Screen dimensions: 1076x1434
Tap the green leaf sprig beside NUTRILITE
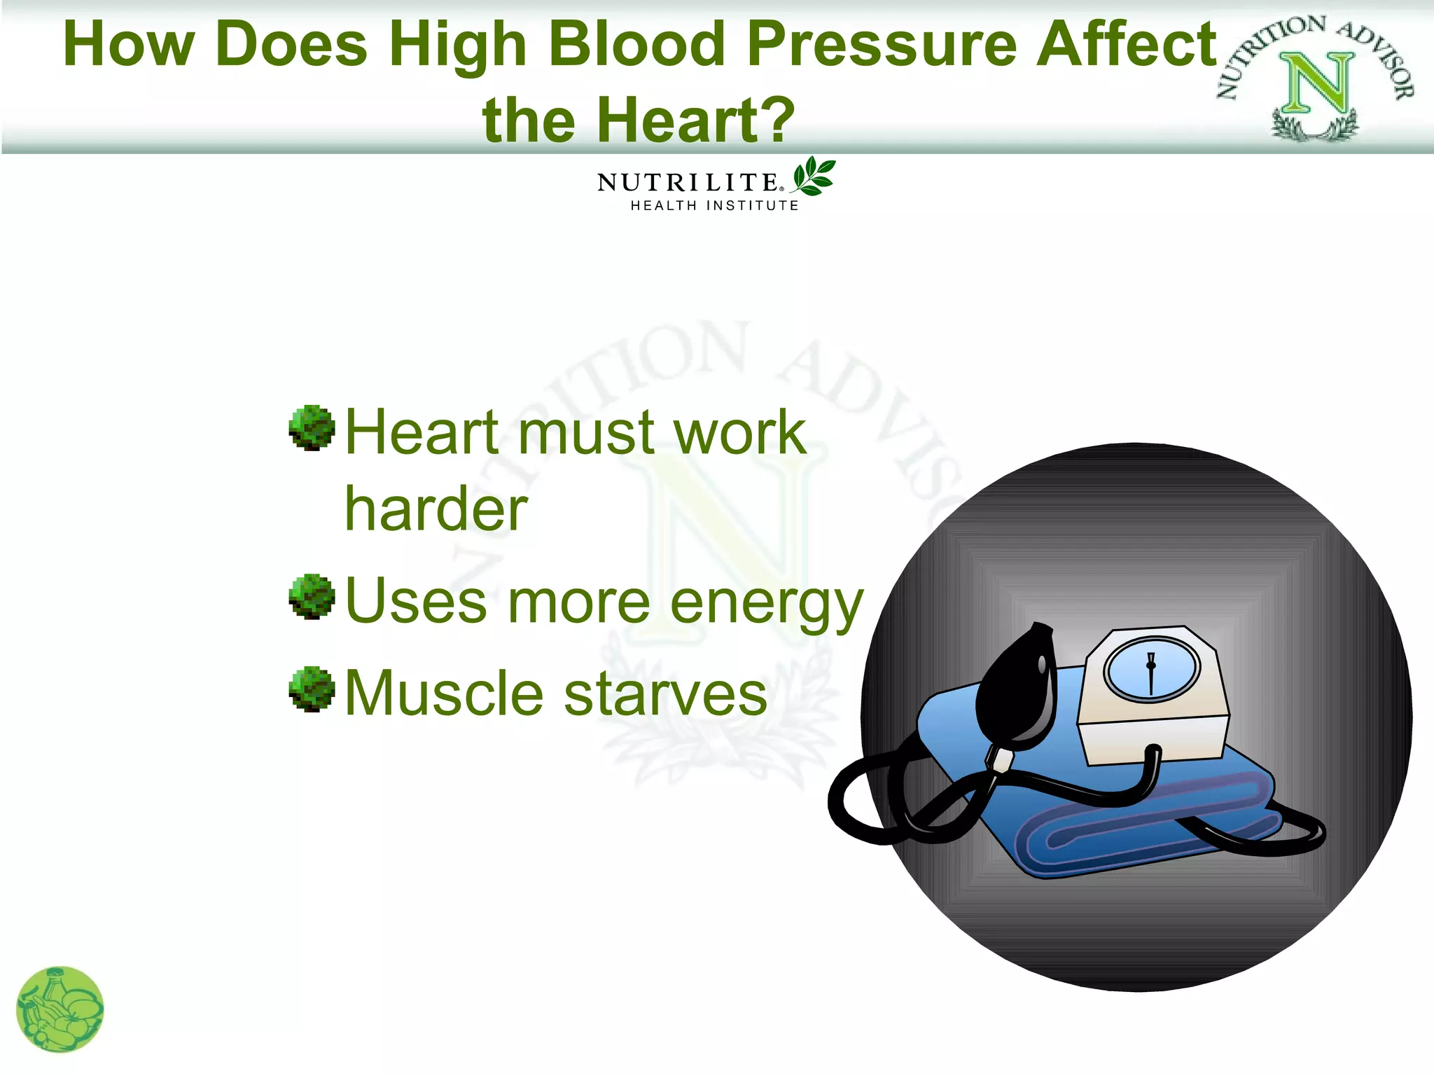point(814,176)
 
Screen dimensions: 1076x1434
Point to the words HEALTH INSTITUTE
point(714,206)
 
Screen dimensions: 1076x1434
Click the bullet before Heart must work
point(312,427)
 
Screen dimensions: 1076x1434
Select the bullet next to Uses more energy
point(312,597)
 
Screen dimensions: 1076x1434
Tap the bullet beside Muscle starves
point(312,689)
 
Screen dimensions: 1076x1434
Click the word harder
point(436,510)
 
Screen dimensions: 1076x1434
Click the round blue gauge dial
point(1152,670)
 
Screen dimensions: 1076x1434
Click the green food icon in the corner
point(60,1009)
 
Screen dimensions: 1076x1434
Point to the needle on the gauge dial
point(1151,672)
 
